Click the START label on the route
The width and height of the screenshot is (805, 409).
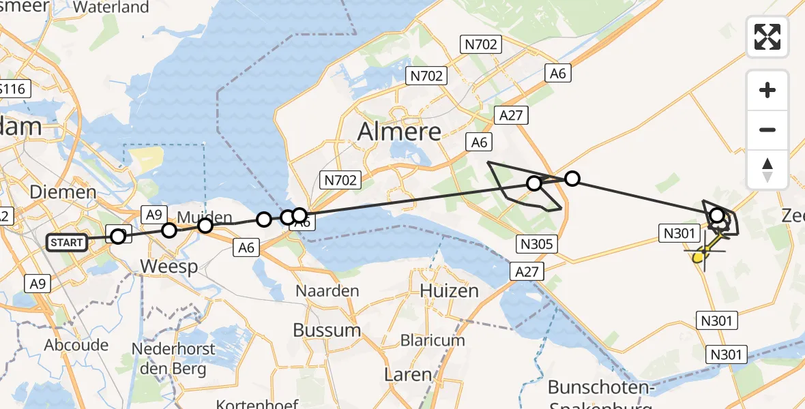click(x=67, y=242)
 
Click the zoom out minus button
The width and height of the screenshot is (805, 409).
click(x=767, y=130)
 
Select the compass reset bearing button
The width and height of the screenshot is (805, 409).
click(x=767, y=170)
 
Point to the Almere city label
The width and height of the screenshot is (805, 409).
click(x=399, y=131)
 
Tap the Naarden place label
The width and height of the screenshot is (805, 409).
click(x=327, y=291)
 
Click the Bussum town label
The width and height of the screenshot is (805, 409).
click(x=327, y=330)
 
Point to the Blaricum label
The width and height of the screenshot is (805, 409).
click(x=433, y=339)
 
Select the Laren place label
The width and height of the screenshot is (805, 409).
click(x=408, y=374)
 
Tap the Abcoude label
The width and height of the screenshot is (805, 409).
click(x=76, y=345)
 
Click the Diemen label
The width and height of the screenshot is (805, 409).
click(x=63, y=192)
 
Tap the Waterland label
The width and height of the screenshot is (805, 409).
click(x=111, y=7)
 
